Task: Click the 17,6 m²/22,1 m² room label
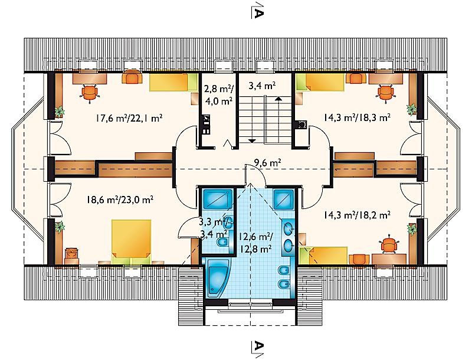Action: coord(129,118)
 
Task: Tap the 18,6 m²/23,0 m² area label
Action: coord(120,199)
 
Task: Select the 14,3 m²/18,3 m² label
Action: coord(358,117)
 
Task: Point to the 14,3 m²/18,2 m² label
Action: coord(358,215)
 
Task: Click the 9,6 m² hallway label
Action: coord(268,163)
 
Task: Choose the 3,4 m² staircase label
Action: coord(262,86)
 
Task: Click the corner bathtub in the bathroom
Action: coord(218,279)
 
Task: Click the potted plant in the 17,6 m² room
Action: coord(60,112)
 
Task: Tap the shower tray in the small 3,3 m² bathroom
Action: coord(218,198)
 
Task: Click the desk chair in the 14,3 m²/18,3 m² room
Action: coord(386,92)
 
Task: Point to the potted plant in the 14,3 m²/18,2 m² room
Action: coord(411,229)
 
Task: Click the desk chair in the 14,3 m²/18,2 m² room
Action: coord(389,243)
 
